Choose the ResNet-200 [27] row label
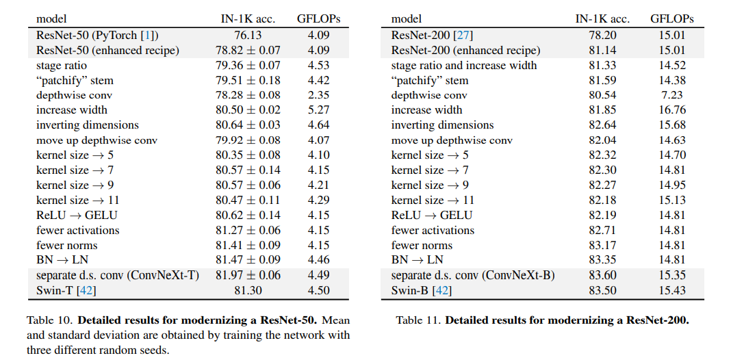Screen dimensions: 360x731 click(x=432, y=35)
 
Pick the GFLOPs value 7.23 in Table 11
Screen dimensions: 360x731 click(x=671, y=95)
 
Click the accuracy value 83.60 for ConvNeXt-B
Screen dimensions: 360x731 click(x=602, y=276)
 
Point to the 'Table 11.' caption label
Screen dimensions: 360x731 click(x=418, y=320)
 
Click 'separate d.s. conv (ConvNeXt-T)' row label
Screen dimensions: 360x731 click(x=118, y=276)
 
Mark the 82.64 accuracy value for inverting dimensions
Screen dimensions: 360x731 click(x=602, y=125)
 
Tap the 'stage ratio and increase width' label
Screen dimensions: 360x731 click(x=464, y=65)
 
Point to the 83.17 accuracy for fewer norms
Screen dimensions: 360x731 click(x=602, y=246)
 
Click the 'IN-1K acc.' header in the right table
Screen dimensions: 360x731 click(x=602, y=18)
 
